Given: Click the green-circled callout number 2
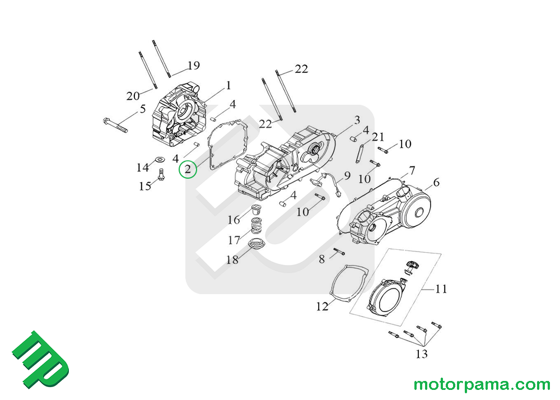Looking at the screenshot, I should tap(188, 169).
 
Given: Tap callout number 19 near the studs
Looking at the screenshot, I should tap(193, 66).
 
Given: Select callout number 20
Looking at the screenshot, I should tap(133, 96).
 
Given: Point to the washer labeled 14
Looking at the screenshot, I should tap(158, 160).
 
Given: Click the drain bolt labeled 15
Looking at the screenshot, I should tap(161, 175).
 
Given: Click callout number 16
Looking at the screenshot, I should tap(234, 220).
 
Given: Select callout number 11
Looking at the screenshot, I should tap(441, 290).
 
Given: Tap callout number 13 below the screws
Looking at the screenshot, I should tap(421, 354).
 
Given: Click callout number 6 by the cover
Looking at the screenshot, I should tap(436, 182).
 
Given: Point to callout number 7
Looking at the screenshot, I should tap(412, 170).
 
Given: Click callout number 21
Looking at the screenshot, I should tap(379, 137).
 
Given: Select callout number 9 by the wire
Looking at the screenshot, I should tap(347, 176).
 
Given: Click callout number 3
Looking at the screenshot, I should tap(357, 120).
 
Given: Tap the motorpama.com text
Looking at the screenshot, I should tap(482, 385).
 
